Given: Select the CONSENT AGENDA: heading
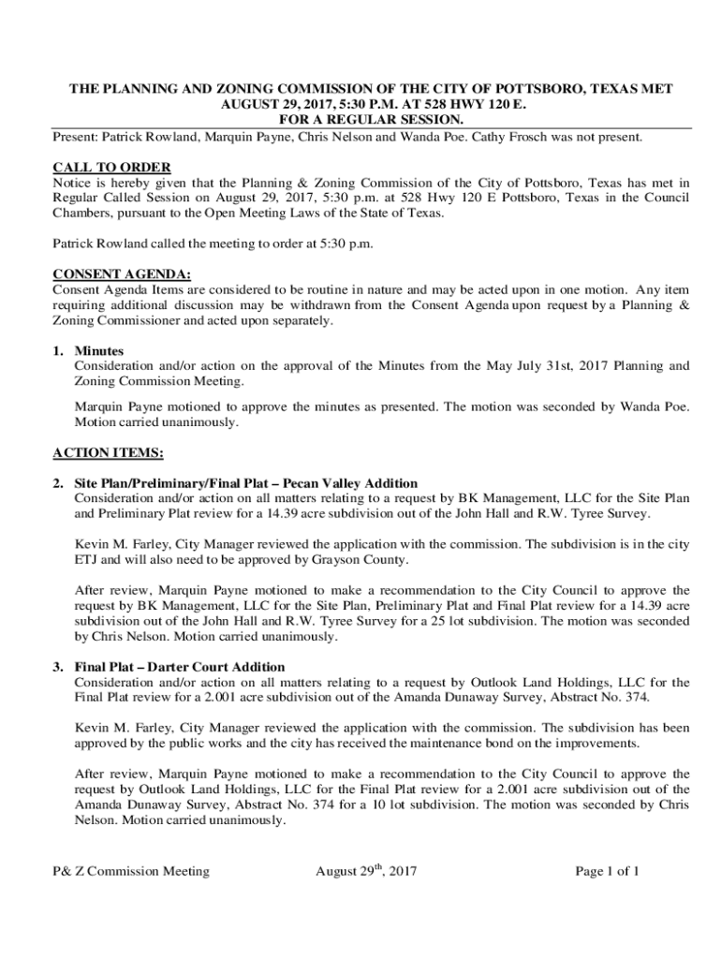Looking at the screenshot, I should (x=122, y=274).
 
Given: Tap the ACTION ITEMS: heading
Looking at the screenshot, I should (x=108, y=453).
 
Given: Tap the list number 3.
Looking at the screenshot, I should (x=58, y=667).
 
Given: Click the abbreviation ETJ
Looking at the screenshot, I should (x=86, y=560).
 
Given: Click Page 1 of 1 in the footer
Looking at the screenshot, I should (x=608, y=872).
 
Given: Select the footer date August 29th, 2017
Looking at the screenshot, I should (x=366, y=872).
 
